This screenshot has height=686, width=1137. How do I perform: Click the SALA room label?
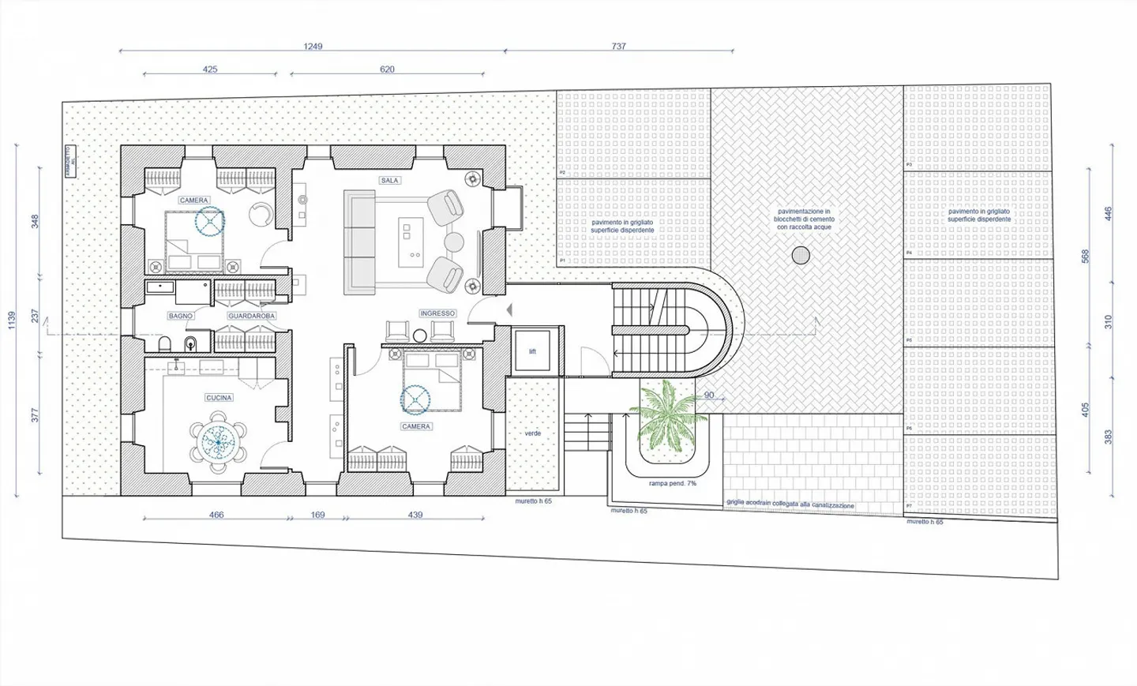pyautogui.click(x=389, y=181)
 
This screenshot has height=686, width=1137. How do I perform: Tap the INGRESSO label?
pyautogui.click(x=437, y=313)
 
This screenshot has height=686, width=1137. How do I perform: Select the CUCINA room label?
pyautogui.click(x=219, y=398)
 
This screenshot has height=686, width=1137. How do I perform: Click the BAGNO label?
pyautogui.click(x=180, y=317)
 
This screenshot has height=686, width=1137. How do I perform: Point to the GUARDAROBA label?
pyautogui.click(x=251, y=317)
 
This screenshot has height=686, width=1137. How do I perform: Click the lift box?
pyautogui.click(x=532, y=351)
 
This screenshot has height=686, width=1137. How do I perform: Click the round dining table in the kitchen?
pyautogui.click(x=218, y=443)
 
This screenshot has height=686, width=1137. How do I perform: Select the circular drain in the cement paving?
pyautogui.click(x=801, y=255)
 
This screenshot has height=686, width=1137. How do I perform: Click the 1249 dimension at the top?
pyautogui.click(x=313, y=47)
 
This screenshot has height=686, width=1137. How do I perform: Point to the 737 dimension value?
pyautogui.click(x=618, y=47)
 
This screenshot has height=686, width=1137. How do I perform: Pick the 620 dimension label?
pyautogui.click(x=387, y=69)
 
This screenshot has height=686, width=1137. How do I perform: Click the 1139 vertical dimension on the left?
pyautogui.click(x=12, y=320)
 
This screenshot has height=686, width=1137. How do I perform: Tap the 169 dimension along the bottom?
pyautogui.click(x=317, y=515)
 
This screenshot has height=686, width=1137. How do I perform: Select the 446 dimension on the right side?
pyautogui.click(x=1108, y=214)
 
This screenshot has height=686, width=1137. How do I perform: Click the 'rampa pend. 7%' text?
pyautogui.click(x=672, y=483)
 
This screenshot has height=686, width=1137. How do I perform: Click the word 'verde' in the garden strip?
pyautogui.click(x=533, y=433)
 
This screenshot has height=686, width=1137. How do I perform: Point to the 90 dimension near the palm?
pyautogui.click(x=708, y=395)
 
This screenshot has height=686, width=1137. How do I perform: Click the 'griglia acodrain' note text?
pyautogui.click(x=790, y=504)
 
